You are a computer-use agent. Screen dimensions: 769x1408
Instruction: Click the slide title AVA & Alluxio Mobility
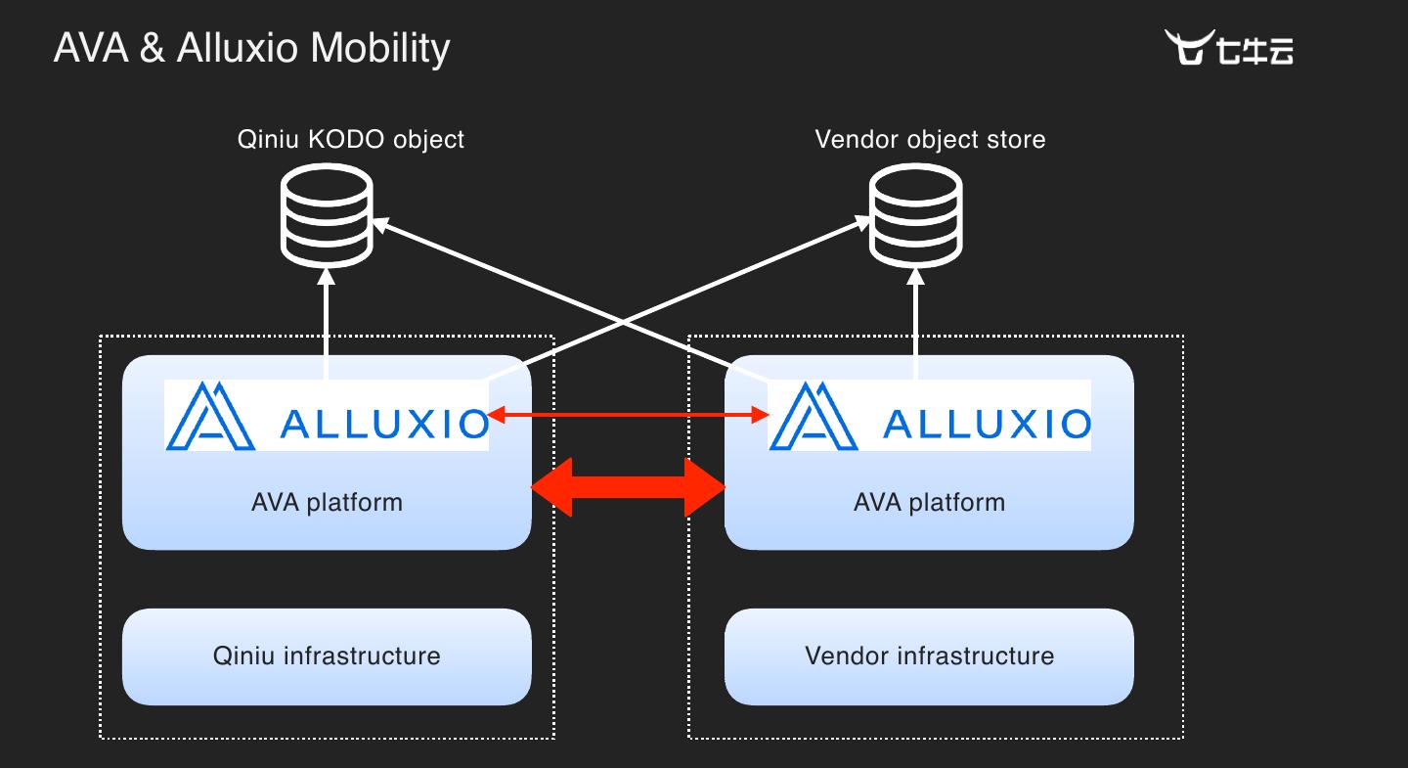tap(251, 48)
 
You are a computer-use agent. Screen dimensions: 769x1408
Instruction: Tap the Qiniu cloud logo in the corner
tap(1228, 47)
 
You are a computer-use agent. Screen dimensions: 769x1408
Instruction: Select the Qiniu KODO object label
tap(351, 139)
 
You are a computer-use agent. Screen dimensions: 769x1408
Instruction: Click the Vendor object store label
tap(930, 139)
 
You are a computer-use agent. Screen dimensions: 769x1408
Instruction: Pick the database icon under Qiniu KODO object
tap(327, 215)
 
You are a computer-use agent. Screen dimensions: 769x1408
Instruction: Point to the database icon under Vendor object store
tap(916, 215)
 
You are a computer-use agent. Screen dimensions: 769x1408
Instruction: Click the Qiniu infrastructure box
tap(327, 656)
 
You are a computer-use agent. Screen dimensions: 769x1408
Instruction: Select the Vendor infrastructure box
tap(929, 656)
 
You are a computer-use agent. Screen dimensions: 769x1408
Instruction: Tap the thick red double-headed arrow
tap(628, 486)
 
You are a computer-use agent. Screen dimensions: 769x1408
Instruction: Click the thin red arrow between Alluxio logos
tap(628, 417)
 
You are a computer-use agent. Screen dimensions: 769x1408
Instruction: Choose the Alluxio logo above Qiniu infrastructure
tap(327, 416)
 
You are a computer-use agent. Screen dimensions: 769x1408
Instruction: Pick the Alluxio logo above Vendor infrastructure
tap(929, 416)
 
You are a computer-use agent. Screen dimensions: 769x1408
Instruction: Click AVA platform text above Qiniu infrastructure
tap(327, 503)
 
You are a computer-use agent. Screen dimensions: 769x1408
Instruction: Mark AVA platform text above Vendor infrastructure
tap(929, 503)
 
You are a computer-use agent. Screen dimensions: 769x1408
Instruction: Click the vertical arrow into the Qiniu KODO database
tap(327, 328)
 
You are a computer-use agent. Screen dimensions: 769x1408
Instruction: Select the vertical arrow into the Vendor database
tap(916, 328)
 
